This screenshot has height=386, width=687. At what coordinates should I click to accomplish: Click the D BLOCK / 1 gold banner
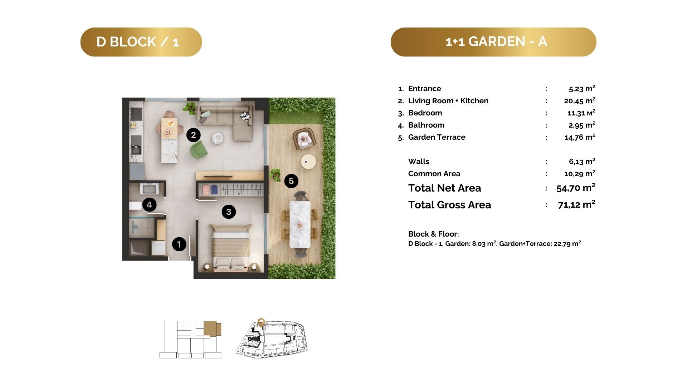click(x=141, y=42)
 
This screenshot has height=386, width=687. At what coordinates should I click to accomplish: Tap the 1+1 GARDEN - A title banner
click(x=493, y=42)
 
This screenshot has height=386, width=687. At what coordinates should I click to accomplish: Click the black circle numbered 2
click(x=194, y=135)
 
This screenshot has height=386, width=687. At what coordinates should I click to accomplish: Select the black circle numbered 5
click(x=291, y=181)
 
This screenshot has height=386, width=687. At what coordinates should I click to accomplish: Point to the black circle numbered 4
click(x=149, y=205)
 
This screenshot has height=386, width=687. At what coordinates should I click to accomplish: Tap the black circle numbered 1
click(x=179, y=244)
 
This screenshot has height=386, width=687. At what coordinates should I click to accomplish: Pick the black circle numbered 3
click(x=229, y=212)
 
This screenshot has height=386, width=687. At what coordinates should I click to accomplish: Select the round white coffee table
click(x=218, y=138)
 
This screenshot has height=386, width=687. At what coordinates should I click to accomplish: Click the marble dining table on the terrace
click(x=300, y=224)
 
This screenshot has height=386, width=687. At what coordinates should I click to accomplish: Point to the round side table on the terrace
click(x=308, y=162)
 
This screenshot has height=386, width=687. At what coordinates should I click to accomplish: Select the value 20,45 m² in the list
click(x=580, y=100)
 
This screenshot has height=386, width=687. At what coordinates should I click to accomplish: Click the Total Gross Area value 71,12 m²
click(x=577, y=204)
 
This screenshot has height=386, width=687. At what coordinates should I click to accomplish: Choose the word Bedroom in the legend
click(x=425, y=113)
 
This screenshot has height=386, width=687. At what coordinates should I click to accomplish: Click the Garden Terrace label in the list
click(x=437, y=137)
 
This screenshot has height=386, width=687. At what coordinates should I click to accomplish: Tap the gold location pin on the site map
click(x=261, y=322)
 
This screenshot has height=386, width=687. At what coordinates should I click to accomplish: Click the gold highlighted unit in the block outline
click(x=212, y=328)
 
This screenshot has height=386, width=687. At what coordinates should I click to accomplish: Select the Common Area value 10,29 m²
click(x=580, y=174)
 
